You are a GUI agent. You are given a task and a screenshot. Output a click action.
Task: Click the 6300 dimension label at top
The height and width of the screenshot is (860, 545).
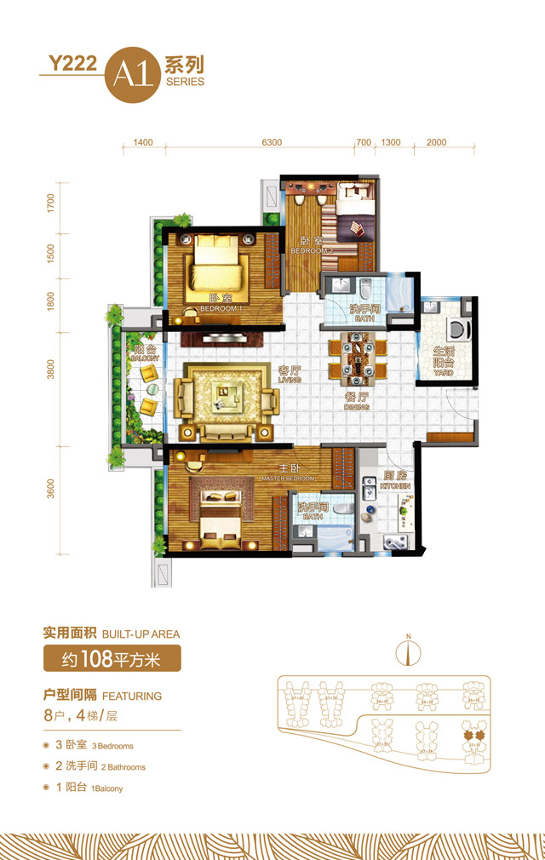click(x=271, y=142)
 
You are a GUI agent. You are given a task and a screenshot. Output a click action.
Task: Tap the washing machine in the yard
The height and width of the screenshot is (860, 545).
click(x=457, y=329)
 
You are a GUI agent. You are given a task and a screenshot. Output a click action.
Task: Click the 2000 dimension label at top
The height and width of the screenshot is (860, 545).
click(x=436, y=142)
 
